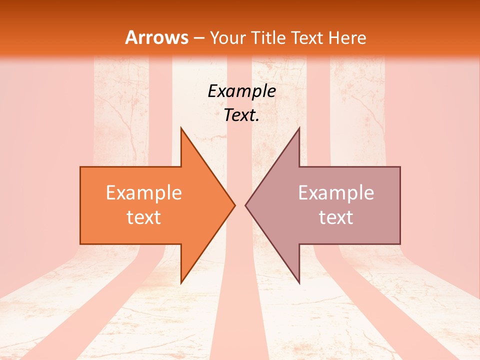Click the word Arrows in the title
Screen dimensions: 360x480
[156, 37]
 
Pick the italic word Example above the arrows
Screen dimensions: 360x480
[242, 91]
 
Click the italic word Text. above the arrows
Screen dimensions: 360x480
[242, 115]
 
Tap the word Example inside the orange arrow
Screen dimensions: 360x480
[144, 193]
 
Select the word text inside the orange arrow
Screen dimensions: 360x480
[144, 217]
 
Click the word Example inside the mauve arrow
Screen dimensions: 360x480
[336, 193]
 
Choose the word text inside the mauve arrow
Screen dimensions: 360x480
[336, 217]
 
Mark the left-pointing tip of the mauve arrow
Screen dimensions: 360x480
[246, 205]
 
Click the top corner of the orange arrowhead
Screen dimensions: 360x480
[181, 128]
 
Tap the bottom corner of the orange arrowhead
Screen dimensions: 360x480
[181, 282]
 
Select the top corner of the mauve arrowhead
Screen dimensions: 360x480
[299, 128]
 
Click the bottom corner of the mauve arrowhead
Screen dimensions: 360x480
[299, 282]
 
